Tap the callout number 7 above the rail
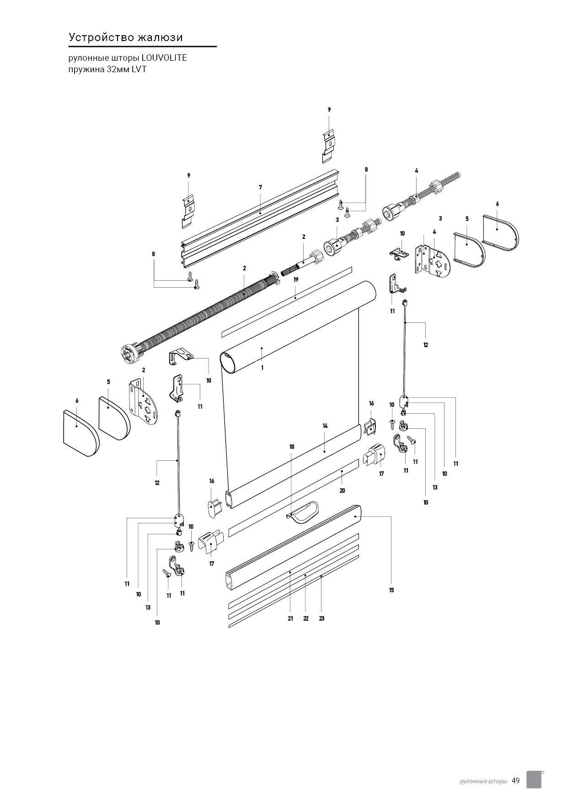(260, 187)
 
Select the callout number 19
(296, 279)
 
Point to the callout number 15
(391, 590)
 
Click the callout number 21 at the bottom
(290, 619)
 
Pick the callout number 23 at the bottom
(322, 619)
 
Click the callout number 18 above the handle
(292, 447)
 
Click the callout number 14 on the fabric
(325, 426)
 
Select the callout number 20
(342, 490)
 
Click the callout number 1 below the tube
(262, 367)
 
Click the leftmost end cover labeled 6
(81, 432)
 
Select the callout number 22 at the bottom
(306, 619)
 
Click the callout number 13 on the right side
(435, 488)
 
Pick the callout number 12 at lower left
(157, 483)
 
